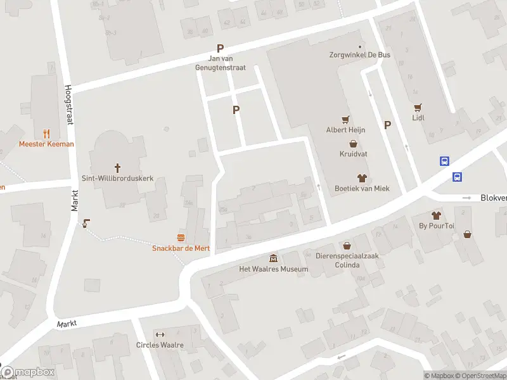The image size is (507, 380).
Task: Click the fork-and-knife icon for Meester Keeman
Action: point(46,134)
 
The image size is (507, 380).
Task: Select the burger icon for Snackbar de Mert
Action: point(181,237)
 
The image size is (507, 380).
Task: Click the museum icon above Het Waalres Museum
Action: point(273,258)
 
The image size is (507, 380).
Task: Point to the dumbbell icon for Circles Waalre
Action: point(160,334)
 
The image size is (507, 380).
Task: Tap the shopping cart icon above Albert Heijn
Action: point(345,119)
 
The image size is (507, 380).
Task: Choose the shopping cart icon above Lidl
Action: point(418,107)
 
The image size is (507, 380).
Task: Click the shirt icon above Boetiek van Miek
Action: point(362,177)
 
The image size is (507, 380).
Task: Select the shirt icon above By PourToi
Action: point(435,215)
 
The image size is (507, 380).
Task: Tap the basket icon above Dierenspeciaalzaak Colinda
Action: point(347,245)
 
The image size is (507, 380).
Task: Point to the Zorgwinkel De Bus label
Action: point(360,55)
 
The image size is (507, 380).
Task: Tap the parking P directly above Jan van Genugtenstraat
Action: point(221,48)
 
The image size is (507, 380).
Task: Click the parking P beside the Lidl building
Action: point(387,125)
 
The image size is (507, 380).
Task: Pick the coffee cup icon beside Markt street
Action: point(86,222)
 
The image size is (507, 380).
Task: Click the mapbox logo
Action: point(28,372)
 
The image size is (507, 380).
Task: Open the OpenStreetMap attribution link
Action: point(483,376)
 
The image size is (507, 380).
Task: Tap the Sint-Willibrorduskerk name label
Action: point(117,179)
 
